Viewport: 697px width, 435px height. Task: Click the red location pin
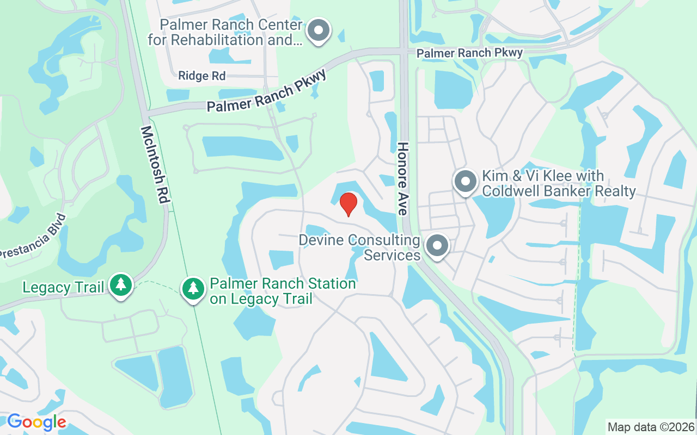click(x=348, y=204)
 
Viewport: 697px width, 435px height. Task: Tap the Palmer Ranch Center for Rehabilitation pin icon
click(x=319, y=30)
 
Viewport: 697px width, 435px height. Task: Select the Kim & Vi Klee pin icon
click(x=466, y=182)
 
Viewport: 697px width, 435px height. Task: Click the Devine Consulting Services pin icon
click(x=437, y=246)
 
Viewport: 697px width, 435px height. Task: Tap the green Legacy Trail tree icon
click(x=120, y=284)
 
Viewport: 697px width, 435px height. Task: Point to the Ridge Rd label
click(x=201, y=76)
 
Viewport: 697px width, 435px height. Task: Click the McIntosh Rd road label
click(x=155, y=165)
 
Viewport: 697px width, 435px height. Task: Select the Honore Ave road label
click(x=403, y=178)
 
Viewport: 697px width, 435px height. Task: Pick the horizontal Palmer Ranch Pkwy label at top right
click(x=469, y=53)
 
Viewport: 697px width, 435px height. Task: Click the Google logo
click(x=36, y=422)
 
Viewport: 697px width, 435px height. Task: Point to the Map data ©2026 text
click(x=651, y=427)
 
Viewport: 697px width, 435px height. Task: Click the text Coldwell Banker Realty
click(x=559, y=191)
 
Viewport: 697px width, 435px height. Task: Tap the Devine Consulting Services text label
click(x=359, y=247)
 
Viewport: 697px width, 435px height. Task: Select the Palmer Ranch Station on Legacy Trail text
click(x=283, y=291)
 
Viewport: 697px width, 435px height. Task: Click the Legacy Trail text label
click(x=63, y=287)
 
